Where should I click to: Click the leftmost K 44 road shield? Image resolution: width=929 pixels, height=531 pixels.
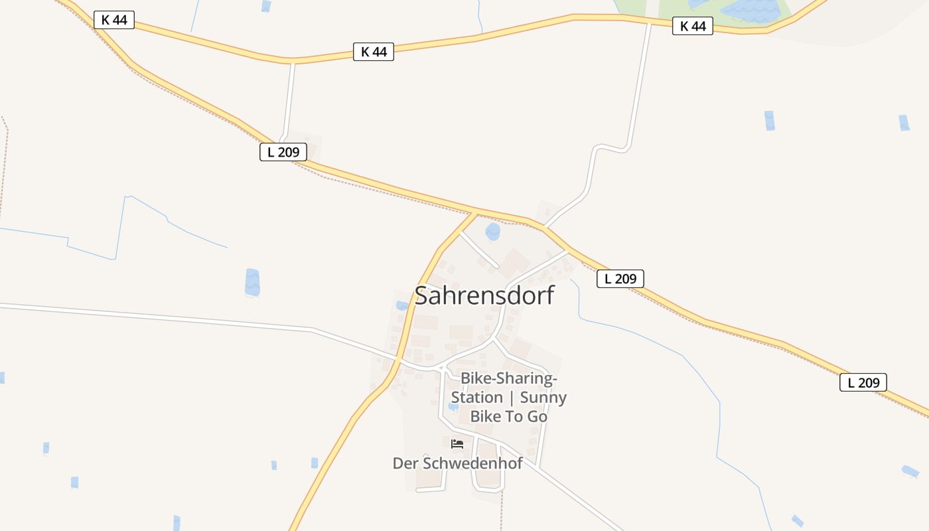tap(114, 20)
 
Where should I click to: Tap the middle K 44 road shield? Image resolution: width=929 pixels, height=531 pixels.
tap(374, 52)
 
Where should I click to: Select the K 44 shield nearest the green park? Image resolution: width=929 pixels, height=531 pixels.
tap(692, 26)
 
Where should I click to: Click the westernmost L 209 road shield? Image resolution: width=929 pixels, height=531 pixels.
tap(283, 152)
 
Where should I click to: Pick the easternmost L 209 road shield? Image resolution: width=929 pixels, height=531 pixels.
tap(863, 382)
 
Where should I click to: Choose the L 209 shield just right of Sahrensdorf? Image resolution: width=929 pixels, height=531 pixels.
tap(620, 279)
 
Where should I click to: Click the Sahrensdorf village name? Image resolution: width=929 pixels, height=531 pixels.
tap(484, 295)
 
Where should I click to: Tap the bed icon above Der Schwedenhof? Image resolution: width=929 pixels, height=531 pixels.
tap(457, 443)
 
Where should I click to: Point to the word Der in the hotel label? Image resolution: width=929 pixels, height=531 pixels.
tap(404, 463)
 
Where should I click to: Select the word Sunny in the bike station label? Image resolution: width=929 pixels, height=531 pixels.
tap(543, 398)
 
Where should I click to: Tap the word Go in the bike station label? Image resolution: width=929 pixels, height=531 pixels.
tap(537, 416)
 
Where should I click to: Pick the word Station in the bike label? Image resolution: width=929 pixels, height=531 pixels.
tap(476, 398)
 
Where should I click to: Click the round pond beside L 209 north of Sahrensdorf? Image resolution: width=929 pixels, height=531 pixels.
tap(492, 232)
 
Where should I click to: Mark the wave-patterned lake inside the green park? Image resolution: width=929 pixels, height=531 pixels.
tap(750, 9)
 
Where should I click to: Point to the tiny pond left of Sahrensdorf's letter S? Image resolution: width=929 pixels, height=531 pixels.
tap(401, 306)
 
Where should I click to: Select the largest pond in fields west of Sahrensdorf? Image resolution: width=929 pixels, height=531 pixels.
tap(252, 282)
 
